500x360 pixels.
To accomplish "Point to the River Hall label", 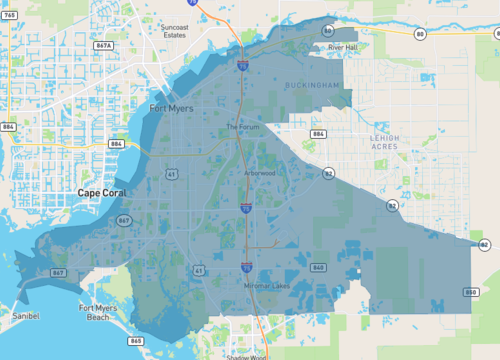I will click(x=342, y=47).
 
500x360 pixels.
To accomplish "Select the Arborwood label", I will click(x=259, y=173).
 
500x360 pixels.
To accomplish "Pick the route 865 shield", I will click(x=135, y=341).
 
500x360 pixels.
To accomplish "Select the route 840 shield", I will click(x=319, y=267).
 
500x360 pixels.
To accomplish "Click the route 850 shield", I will click(x=470, y=292).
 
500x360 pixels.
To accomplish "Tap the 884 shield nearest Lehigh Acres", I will click(x=319, y=133).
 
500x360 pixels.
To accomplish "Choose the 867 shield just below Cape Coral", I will click(x=124, y=220).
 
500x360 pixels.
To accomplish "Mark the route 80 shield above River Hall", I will click(x=328, y=32).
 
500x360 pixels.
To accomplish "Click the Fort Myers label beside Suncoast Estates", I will click(x=172, y=107).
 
